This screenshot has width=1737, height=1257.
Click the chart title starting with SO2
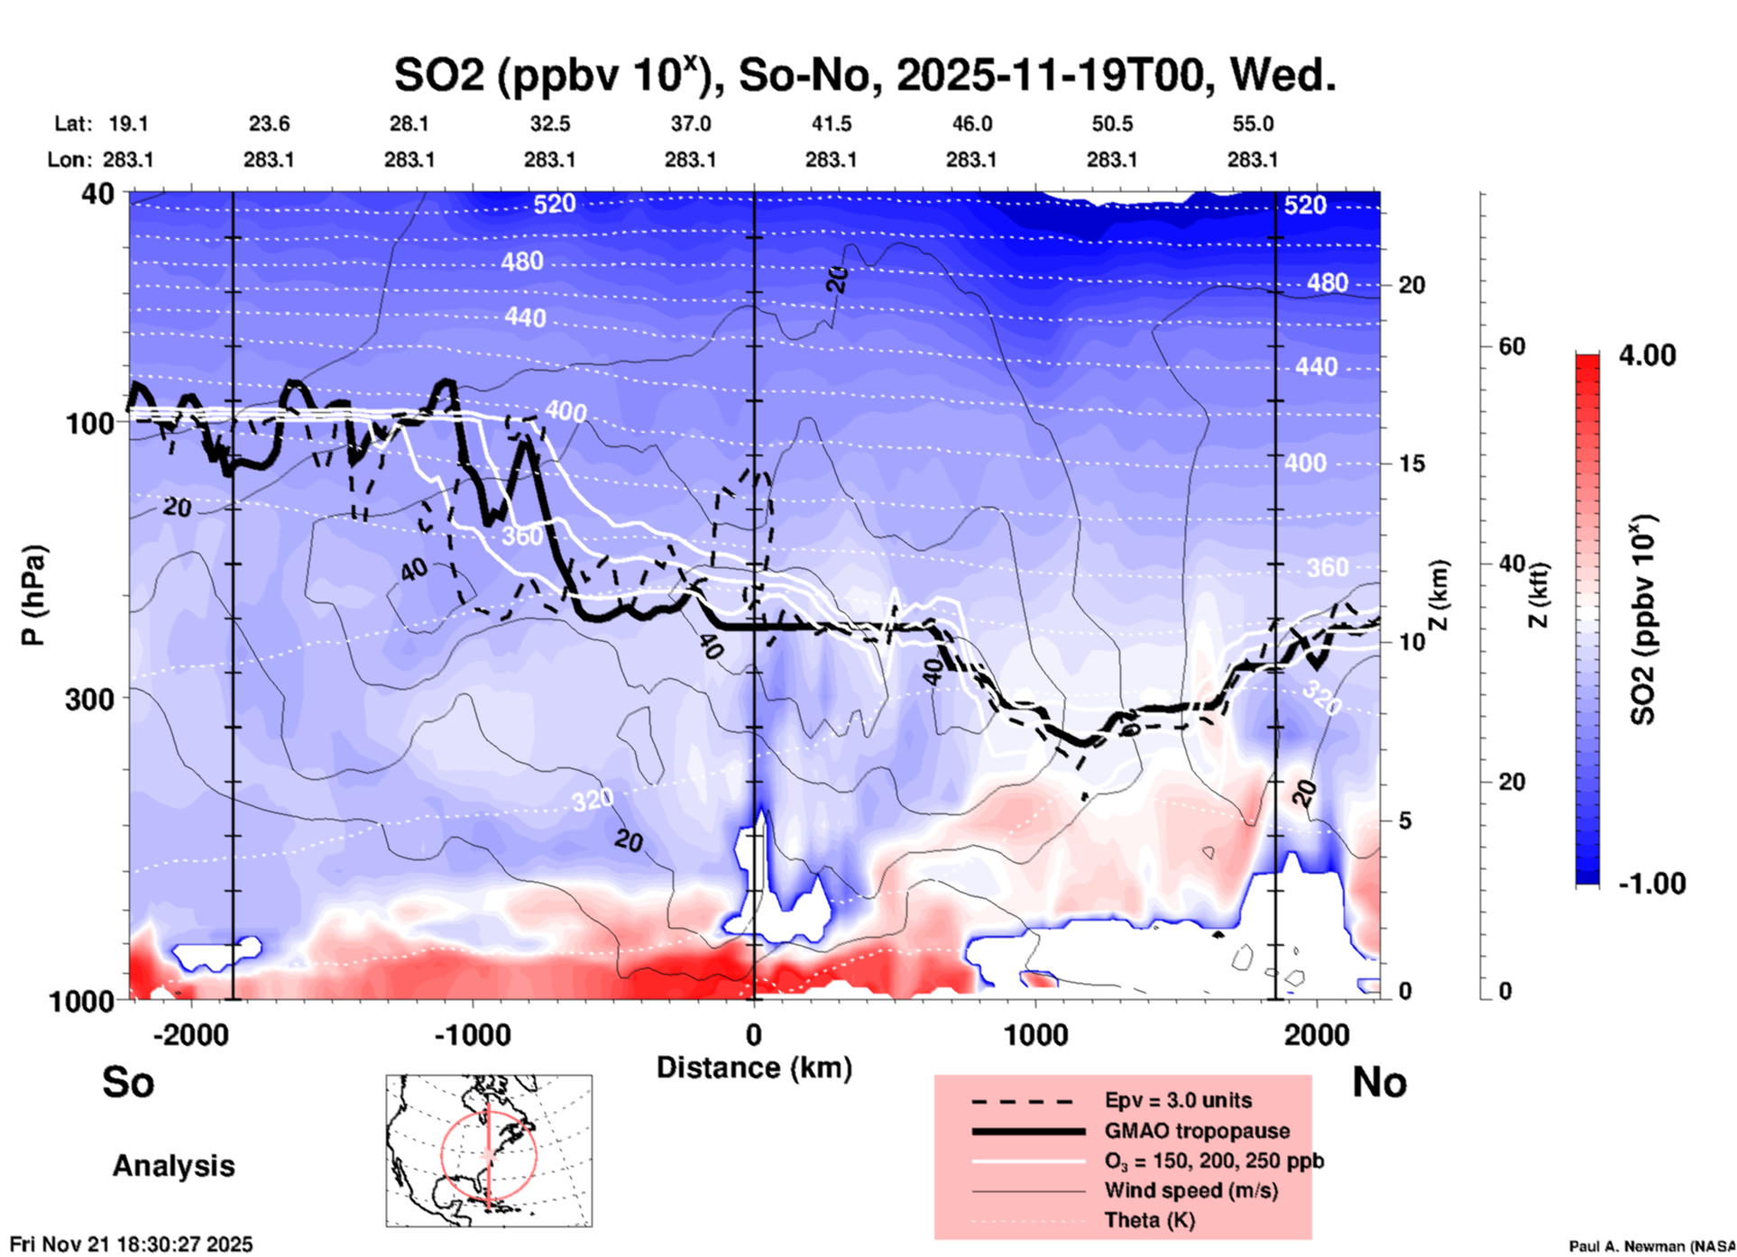[864, 75]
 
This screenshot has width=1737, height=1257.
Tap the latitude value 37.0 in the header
[690, 124]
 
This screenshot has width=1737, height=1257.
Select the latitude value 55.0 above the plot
[1252, 124]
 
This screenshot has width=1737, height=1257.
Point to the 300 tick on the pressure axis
[90, 699]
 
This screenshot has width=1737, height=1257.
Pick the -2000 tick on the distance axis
[190, 1035]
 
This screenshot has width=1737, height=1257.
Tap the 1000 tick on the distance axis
[1036, 1035]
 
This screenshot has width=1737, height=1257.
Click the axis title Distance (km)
[754, 1068]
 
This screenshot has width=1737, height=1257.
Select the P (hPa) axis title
[32, 594]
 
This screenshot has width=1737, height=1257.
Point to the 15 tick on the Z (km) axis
[1411, 463]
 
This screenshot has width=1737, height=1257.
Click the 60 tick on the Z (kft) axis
[1512, 346]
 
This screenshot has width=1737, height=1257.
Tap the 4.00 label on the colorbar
[1647, 355]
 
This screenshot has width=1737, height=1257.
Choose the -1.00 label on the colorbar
[1651, 884]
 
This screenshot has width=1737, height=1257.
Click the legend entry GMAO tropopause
[1197, 1131]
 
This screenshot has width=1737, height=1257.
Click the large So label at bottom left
[128, 1082]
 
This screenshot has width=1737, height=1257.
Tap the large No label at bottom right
[1379, 1082]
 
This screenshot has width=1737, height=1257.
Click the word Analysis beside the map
[173, 1166]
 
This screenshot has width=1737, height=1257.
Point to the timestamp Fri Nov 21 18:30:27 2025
[132, 1244]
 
